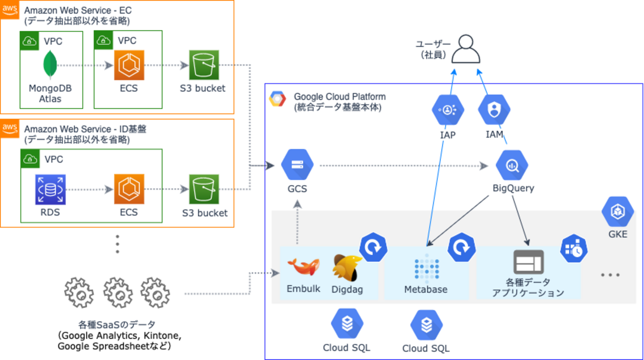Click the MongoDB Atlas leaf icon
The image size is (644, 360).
(x=51, y=65)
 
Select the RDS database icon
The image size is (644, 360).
(x=51, y=189)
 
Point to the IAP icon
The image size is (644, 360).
(x=448, y=110)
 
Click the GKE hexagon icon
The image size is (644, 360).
(x=618, y=212)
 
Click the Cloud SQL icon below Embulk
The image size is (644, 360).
(x=347, y=323)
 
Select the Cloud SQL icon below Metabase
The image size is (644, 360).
(x=426, y=325)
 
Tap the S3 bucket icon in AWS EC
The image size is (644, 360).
(x=204, y=65)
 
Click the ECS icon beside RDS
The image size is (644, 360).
(x=129, y=189)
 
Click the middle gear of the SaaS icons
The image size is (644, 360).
(x=117, y=293)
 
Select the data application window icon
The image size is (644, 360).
(x=528, y=262)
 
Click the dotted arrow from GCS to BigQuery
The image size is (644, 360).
(x=402, y=166)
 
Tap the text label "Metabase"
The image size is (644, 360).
(x=426, y=290)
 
